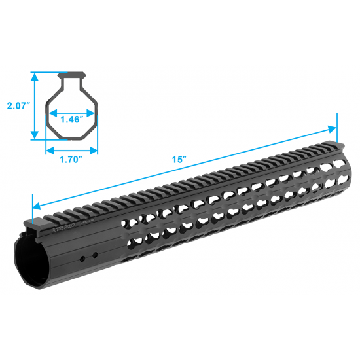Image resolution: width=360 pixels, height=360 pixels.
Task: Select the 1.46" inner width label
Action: pos(71,119)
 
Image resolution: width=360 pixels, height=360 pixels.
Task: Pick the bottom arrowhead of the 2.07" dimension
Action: pos(34,138)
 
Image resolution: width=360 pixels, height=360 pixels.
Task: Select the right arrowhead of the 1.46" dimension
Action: pos(92,110)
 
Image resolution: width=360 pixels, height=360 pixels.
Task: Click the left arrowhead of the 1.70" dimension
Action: pos(47,149)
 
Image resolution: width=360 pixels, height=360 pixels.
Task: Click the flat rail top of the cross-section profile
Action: pos(71,74)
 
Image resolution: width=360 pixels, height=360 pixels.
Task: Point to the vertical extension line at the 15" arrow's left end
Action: pos(32,207)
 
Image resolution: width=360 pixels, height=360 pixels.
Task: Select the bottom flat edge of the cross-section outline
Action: pos(71,138)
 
